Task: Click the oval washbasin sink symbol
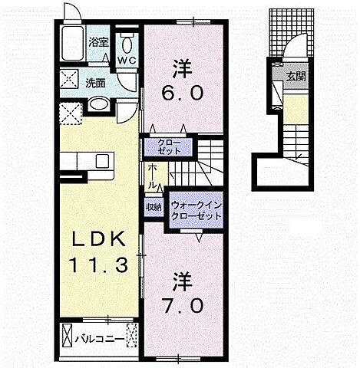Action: pos(98,104)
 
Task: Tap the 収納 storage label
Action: pos(154,207)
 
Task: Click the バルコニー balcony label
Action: pos(101,337)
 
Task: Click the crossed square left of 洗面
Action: pos(71,78)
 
